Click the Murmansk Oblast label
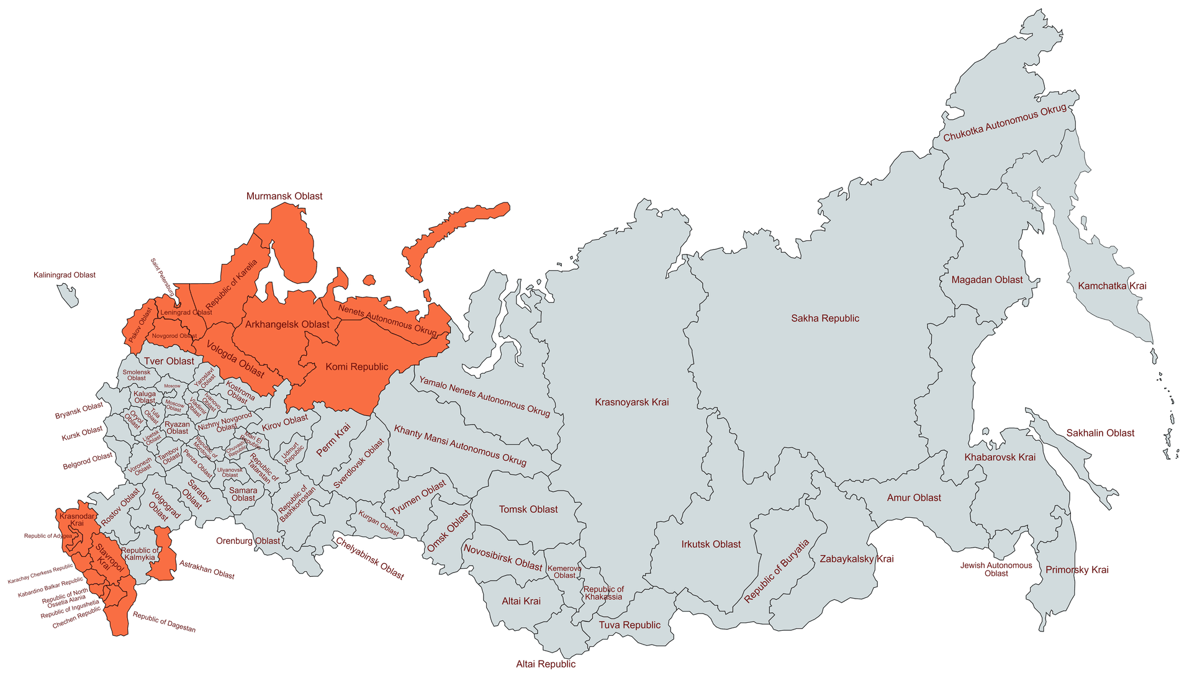tap(284, 196)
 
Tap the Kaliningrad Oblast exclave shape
tap(68, 295)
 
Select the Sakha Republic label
tap(825, 319)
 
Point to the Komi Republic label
tap(357, 367)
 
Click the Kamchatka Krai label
tap(1112, 286)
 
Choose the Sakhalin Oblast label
tap(1100, 433)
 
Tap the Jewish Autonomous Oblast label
tap(996, 569)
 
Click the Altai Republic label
tap(546, 664)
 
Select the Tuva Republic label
tap(630, 625)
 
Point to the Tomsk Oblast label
tap(528, 510)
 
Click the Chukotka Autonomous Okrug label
tap(1005, 123)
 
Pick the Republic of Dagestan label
tap(164, 622)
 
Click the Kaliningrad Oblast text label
tap(65, 275)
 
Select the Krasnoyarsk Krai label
tap(631, 402)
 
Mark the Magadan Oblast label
tap(987, 280)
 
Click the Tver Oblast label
tap(169, 361)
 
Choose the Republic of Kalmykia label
tap(140, 554)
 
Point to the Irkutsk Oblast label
tap(711, 545)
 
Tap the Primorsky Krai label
tap(1077, 570)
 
